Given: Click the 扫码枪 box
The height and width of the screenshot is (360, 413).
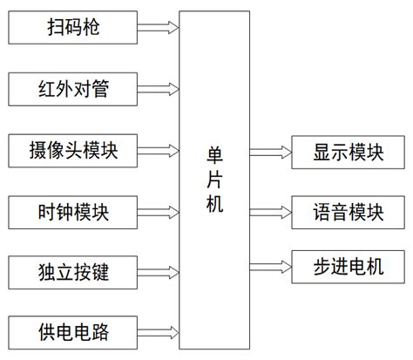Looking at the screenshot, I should click(73, 28).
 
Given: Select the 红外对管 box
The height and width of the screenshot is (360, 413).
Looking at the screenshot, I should click(73, 88).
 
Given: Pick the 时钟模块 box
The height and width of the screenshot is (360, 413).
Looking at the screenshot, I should click(73, 211).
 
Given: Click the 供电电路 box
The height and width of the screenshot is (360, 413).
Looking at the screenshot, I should click(73, 332).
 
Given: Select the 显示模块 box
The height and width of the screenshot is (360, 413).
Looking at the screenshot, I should click(349, 153).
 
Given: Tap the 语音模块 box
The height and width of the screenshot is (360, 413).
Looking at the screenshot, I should click(349, 211).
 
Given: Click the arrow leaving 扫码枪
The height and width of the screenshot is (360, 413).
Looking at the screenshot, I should click(159, 28).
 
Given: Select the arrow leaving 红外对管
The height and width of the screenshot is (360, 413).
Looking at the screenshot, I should click(159, 88).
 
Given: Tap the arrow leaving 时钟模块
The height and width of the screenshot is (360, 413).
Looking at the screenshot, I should click(159, 211).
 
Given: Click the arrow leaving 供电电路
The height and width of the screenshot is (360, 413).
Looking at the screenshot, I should click(159, 332).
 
